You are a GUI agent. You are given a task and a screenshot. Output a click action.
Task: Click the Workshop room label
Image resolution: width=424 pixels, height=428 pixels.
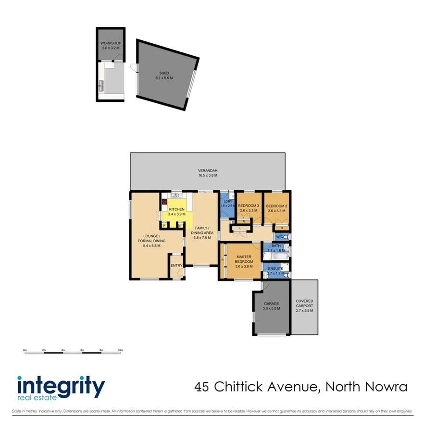tap(110, 43)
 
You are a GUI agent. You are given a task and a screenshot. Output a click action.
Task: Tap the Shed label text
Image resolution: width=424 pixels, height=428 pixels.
tap(164, 73)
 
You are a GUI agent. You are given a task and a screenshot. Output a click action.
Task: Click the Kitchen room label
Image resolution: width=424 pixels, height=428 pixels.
tap(176, 210)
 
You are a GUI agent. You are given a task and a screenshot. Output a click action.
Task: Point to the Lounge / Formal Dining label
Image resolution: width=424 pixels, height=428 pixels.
tap(152, 238)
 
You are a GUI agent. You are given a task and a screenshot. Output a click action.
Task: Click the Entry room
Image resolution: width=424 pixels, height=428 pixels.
tap(176, 266)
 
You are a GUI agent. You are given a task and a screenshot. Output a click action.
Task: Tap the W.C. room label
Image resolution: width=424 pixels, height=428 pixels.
tap(279, 237)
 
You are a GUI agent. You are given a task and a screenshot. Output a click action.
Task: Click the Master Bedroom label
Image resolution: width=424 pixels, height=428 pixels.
tap(244, 259)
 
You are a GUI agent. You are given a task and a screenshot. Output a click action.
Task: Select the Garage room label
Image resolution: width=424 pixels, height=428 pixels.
tap(271, 304)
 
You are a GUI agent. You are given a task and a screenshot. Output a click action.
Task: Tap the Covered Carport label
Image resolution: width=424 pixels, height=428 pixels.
tap(305, 304)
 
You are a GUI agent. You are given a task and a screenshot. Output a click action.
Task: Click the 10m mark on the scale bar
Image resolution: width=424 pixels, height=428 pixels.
tap(121, 351)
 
